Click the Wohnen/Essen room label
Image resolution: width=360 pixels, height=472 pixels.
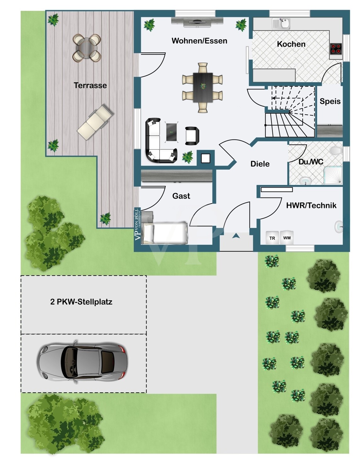(x=199, y=41)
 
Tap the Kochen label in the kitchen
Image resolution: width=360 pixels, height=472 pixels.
(x=291, y=44)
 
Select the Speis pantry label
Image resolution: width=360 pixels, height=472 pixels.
(x=330, y=101)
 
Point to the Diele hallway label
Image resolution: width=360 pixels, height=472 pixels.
(x=260, y=164)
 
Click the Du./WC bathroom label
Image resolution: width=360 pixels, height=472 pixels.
(x=311, y=162)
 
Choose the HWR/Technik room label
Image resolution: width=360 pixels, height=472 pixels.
(x=311, y=205)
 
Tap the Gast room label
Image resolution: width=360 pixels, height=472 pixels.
(x=181, y=196)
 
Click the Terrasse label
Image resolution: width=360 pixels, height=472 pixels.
(x=90, y=85)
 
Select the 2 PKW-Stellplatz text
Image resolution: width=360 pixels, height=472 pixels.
(x=81, y=302)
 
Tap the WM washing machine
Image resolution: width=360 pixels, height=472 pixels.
(x=287, y=238)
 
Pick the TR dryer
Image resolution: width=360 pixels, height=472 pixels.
(x=272, y=238)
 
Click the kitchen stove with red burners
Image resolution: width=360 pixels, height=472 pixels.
(x=336, y=48)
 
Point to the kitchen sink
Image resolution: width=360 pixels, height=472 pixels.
(x=281, y=23)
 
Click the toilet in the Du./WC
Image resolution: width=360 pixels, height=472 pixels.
(x=336, y=150)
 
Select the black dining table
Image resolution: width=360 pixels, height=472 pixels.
(x=203, y=87)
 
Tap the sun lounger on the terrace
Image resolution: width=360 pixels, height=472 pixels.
(x=95, y=122)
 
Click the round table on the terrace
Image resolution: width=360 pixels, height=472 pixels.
(x=87, y=48)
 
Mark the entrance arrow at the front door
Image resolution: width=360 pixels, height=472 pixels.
(x=236, y=236)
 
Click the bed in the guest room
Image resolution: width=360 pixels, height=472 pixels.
(x=165, y=233)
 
